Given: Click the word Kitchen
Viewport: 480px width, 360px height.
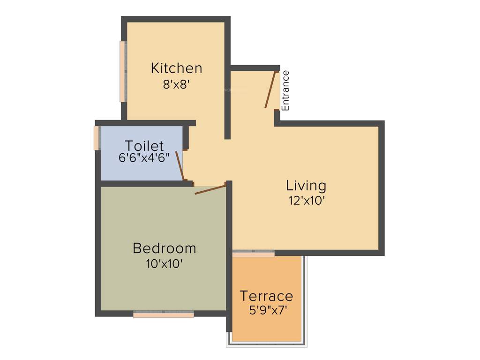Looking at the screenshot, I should tap(176, 68).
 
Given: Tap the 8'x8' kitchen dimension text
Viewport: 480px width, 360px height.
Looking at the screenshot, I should tap(176, 84).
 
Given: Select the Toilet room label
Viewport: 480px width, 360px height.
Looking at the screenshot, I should tap(144, 145).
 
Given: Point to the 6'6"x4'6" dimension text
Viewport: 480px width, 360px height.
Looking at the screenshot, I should tap(144, 157).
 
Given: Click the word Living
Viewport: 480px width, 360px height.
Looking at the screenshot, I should tap(306, 186).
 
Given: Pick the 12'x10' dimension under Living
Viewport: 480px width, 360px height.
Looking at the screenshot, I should tap(306, 201).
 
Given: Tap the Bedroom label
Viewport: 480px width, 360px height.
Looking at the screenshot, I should tap(164, 247).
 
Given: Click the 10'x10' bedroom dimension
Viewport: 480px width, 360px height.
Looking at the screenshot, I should tap(164, 263).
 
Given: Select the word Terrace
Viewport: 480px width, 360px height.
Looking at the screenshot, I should tap(266, 296).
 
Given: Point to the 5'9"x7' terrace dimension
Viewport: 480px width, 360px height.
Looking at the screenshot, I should tap(266, 310).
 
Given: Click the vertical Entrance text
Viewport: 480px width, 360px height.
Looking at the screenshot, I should tap(285, 90).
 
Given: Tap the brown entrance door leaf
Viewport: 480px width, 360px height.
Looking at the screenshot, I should tap(270, 90).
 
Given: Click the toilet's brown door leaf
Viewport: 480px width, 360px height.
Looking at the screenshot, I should tap(180, 165).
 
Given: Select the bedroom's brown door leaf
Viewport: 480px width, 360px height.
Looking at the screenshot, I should tap(210, 189).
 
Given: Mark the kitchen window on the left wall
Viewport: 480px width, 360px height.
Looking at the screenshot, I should tap(123, 71).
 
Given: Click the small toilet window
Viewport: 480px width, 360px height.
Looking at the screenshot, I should tap(97, 138).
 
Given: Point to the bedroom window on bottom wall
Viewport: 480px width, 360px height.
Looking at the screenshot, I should tap(164, 315).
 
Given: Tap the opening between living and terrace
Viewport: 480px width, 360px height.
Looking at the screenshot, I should tap(254, 254).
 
